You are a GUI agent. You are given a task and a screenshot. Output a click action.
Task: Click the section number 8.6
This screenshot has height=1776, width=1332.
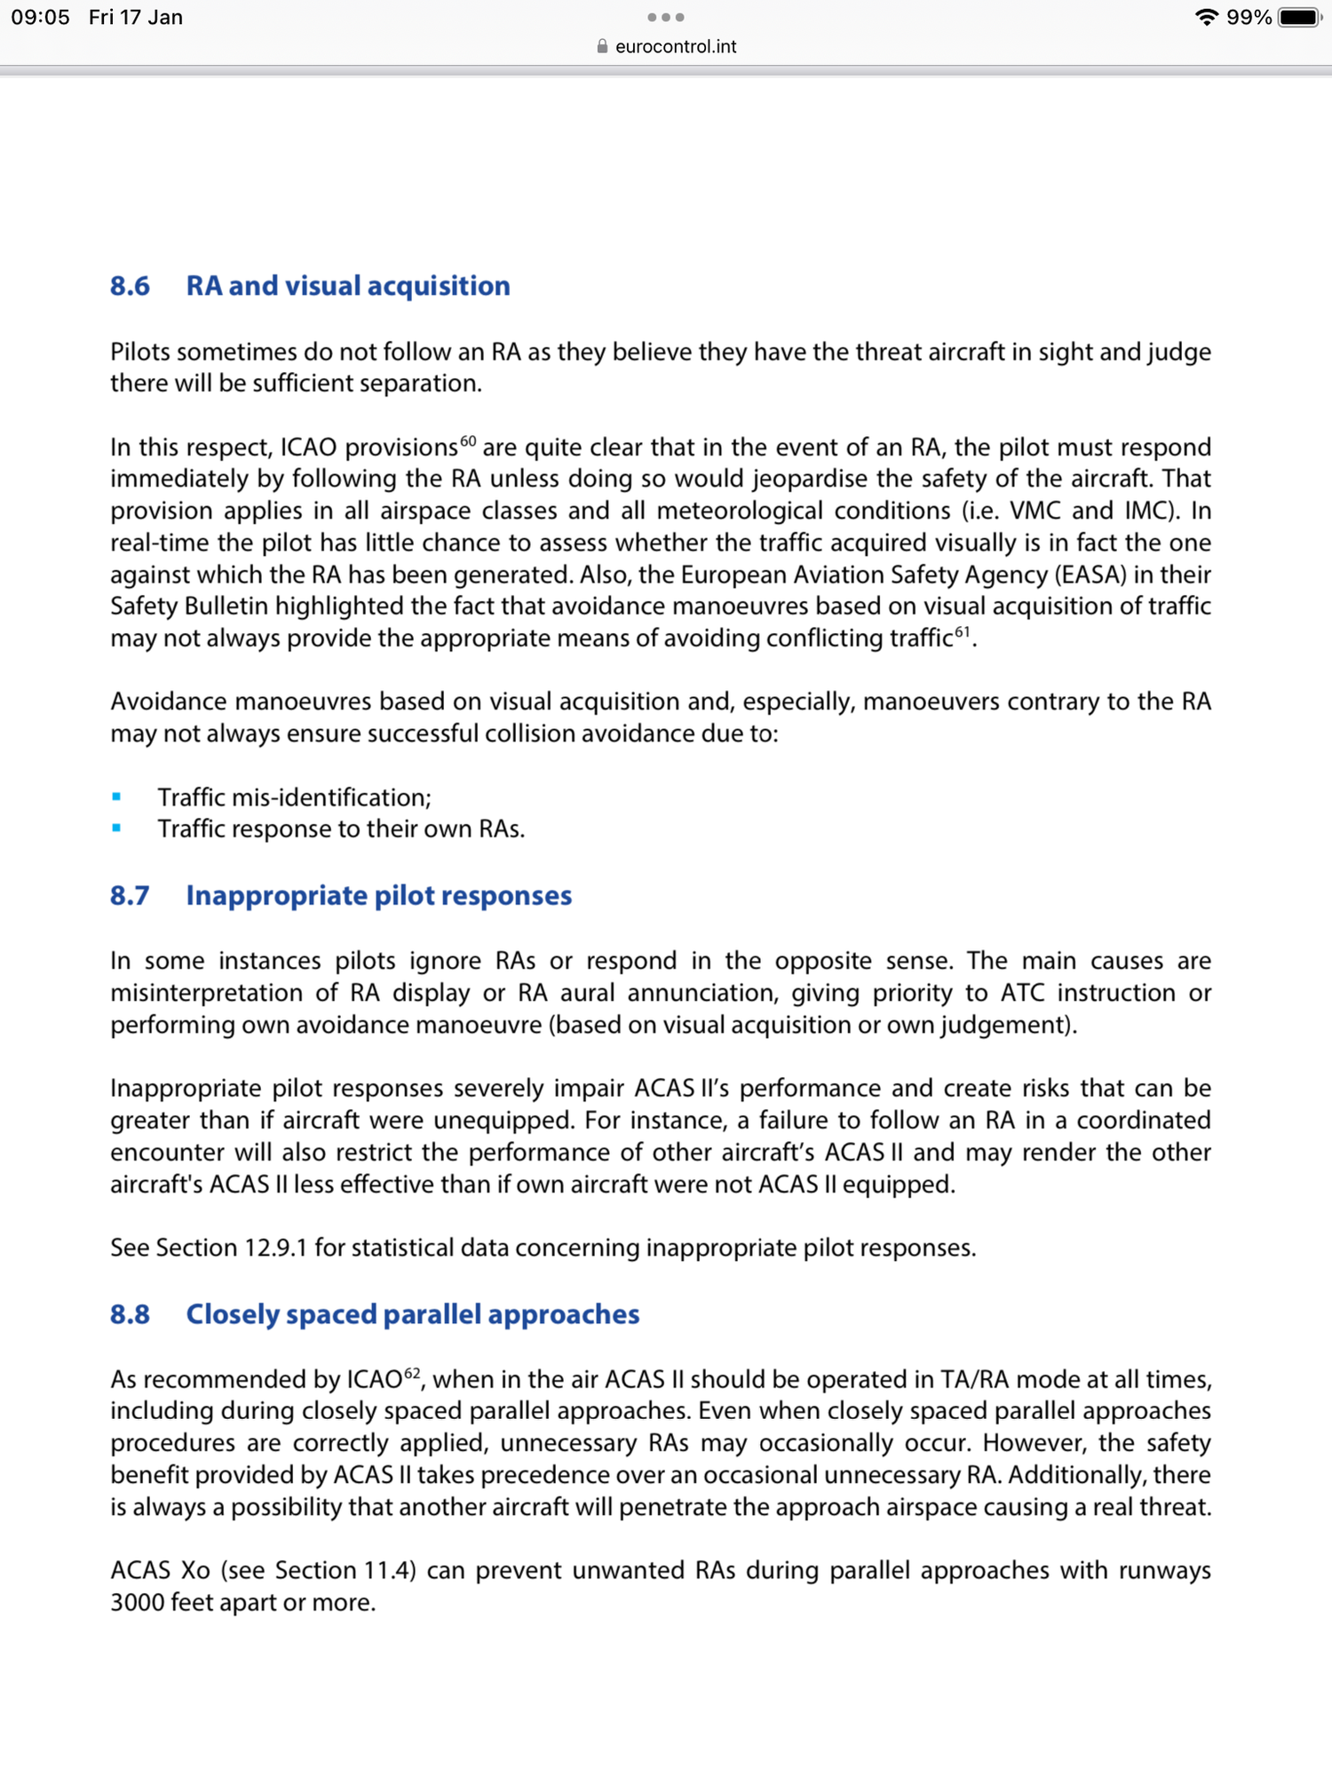[x=130, y=286]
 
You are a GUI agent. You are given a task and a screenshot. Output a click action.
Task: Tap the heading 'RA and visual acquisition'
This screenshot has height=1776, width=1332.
[x=347, y=286]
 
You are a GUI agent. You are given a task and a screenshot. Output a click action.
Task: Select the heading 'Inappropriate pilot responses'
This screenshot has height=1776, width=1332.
[x=378, y=895]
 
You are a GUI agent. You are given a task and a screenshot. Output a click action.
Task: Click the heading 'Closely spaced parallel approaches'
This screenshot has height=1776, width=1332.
[x=412, y=1314]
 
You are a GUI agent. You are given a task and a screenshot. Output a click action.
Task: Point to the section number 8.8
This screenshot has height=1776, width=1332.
[x=130, y=1314]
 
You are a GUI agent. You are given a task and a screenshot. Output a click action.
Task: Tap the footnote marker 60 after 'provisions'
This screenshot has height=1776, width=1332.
[x=468, y=440]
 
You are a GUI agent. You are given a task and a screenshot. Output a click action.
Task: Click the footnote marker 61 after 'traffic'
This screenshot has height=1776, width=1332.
[x=963, y=631]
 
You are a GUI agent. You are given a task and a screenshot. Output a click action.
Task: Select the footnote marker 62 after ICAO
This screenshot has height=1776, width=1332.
[x=412, y=1373]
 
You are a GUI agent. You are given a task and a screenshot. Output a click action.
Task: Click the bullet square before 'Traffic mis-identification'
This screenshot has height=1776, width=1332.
[x=116, y=797]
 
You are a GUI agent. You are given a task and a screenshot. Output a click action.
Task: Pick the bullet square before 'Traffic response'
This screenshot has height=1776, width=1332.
[x=116, y=829]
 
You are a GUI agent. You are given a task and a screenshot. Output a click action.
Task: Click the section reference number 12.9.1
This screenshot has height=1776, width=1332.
[x=276, y=1248]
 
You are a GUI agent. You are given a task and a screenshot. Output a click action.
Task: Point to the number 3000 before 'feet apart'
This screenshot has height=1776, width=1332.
[x=137, y=1602]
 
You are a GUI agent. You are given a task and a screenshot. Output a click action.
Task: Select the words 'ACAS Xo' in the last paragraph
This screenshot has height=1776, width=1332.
[x=160, y=1570]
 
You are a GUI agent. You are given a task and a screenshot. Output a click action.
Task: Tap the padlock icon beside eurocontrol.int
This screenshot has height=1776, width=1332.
[x=602, y=46]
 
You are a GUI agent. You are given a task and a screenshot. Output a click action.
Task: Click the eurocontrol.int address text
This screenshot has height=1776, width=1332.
[x=676, y=46]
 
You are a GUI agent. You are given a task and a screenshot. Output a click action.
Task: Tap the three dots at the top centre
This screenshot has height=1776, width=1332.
[x=666, y=17]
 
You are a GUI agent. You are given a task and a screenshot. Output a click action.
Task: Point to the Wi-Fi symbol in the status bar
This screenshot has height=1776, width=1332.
[x=1206, y=18]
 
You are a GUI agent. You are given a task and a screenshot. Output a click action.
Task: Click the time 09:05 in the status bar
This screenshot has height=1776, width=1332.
[x=40, y=18]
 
